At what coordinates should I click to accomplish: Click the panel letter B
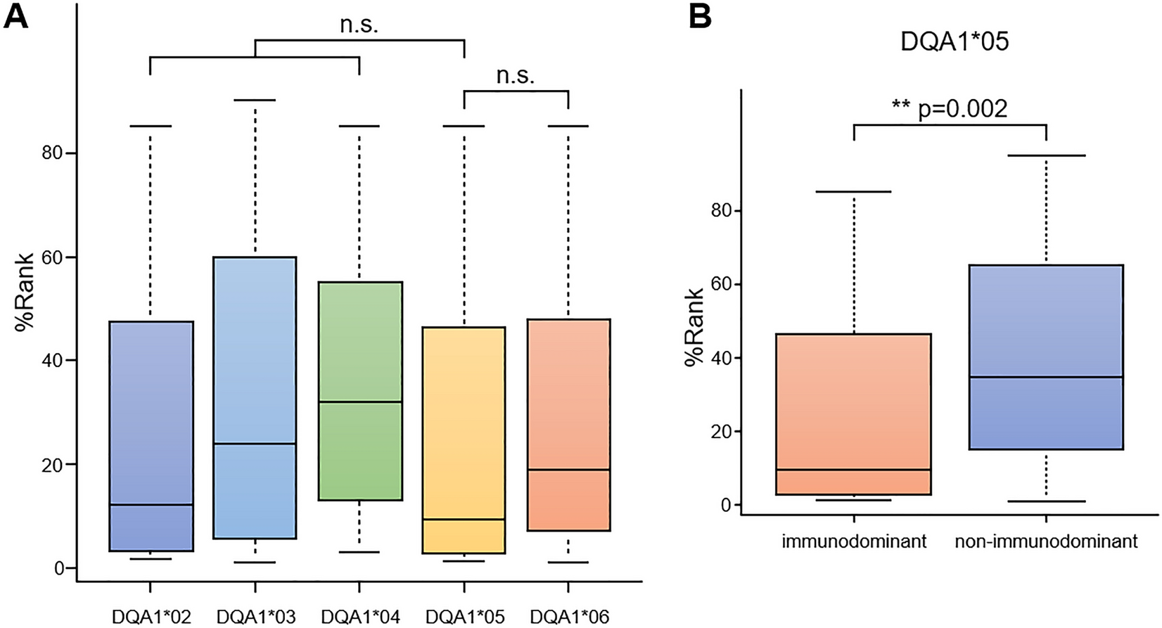coord(700,15)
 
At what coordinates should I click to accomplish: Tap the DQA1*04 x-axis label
coord(359,617)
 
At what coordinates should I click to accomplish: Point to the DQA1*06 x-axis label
coord(568,617)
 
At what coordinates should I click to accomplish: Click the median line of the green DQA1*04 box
coord(360,402)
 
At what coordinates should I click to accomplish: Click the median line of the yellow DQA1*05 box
coord(464,519)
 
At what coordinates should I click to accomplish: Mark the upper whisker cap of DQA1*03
coord(255,100)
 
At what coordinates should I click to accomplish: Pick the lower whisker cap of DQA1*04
coord(359,552)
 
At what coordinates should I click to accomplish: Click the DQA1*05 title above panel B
coord(954,41)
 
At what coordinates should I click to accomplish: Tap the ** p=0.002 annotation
coord(949,108)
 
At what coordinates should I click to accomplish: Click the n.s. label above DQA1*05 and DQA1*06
coord(516,75)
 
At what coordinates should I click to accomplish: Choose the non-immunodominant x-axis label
coord(1045,542)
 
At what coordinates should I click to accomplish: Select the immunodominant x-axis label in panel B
coord(854,542)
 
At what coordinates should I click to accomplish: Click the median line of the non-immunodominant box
coord(1046,377)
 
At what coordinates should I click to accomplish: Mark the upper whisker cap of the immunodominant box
coord(854,191)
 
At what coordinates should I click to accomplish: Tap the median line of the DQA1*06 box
coord(568,469)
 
